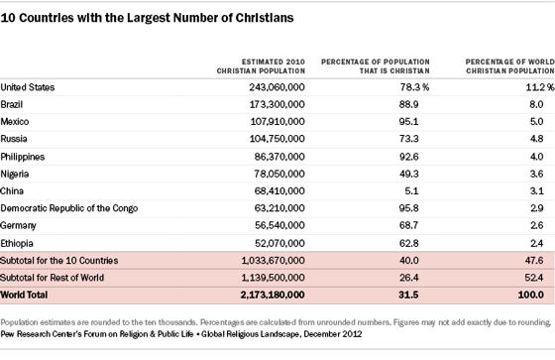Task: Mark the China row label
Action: point(15,191)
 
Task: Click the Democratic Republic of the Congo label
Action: point(83,208)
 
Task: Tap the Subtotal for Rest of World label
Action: point(61,278)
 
